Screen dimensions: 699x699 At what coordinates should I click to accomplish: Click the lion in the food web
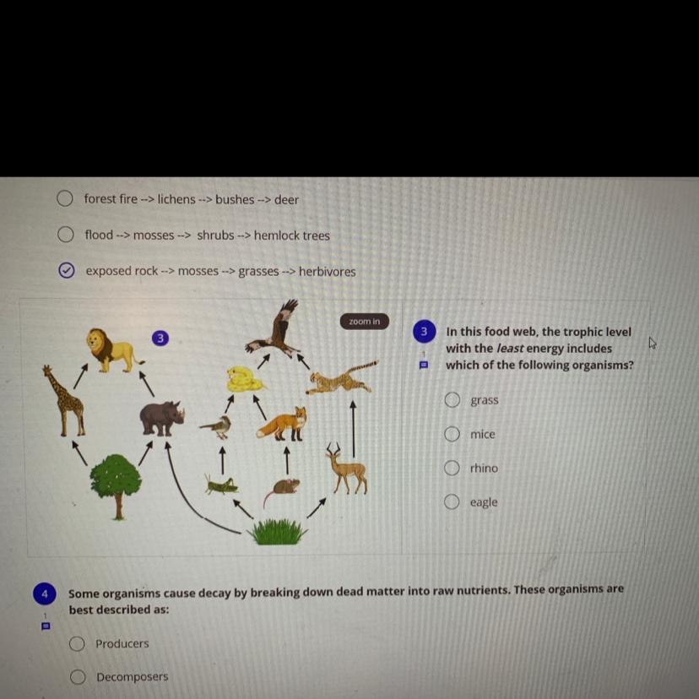pos(114,350)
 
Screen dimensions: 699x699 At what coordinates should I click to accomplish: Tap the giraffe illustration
pos(64,401)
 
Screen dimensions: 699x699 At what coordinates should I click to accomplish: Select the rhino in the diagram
pos(162,418)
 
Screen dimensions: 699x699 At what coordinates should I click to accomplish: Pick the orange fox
pos(283,424)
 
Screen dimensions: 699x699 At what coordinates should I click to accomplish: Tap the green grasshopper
pos(219,485)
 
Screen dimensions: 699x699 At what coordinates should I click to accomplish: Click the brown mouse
pos(282,490)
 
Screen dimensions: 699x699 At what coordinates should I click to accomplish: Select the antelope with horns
pos(347,468)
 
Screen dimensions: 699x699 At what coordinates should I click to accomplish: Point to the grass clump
pos(277,531)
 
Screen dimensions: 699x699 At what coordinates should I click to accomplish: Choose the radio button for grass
pos(452,400)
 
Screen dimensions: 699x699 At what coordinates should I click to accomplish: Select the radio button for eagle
pos(452,501)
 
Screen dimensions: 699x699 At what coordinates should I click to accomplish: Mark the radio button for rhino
pos(452,468)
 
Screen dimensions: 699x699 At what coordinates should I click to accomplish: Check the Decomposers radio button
pos(78,677)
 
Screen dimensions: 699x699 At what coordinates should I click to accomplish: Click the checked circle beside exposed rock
pos(67,270)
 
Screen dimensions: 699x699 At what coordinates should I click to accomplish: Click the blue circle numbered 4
pos(45,593)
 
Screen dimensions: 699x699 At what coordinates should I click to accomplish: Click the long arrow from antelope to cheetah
pos(353,429)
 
